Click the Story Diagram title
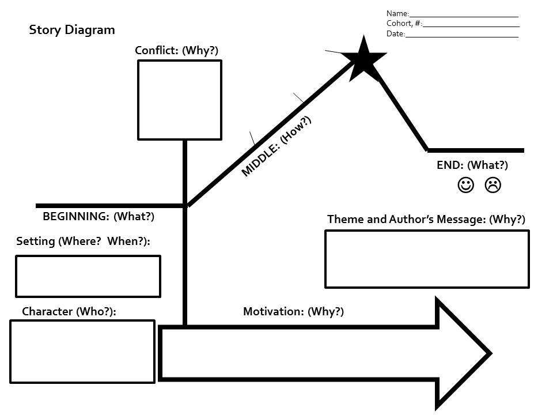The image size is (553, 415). (x=72, y=30)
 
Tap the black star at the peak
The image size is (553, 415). (x=363, y=59)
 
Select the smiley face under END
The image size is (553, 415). (x=465, y=185)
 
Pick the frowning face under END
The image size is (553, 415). (x=493, y=185)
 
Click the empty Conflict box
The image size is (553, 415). (x=180, y=100)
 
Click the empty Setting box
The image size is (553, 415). (x=88, y=276)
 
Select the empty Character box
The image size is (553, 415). (x=82, y=351)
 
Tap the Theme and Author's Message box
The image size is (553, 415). (x=427, y=259)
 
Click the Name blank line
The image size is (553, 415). (x=464, y=16)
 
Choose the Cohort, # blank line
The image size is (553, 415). (x=471, y=26)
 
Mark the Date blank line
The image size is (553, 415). (x=462, y=36)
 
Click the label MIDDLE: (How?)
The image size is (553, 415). (x=276, y=146)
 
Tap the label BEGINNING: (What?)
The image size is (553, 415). (x=99, y=217)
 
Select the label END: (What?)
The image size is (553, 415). (x=472, y=165)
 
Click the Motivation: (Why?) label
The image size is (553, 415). (x=293, y=312)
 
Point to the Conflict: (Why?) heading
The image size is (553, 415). (x=177, y=51)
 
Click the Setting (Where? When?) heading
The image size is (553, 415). (x=83, y=242)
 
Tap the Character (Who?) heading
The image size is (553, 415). (x=69, y=312)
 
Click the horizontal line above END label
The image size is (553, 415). (x=476, y=150)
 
